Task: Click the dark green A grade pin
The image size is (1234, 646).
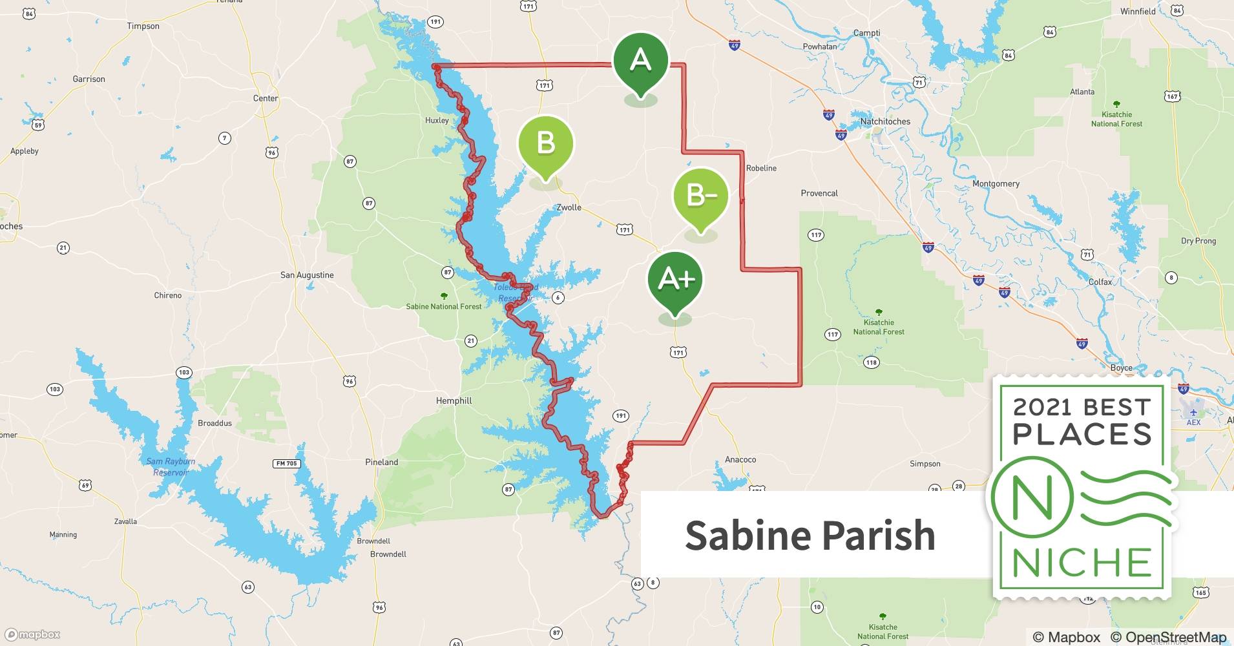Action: (640, 61)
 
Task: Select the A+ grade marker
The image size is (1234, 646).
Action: (675, 279)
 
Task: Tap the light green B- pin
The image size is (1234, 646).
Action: (701, 195)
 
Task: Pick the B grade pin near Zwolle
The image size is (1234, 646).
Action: (546, 143)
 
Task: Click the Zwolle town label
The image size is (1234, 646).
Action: (569, 207)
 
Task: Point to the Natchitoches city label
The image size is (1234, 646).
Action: (884, 121)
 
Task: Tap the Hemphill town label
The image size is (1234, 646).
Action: (454, 401)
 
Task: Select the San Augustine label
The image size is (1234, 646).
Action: (307, 275)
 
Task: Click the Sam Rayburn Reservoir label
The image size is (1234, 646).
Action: (171, 466)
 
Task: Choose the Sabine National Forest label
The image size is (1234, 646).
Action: (443, 306)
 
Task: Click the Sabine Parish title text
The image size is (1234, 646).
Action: (810, 536)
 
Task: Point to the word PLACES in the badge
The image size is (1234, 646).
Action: (1082, 434)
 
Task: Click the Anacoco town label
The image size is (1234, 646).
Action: (740, 459)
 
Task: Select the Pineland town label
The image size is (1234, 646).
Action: (381, 462)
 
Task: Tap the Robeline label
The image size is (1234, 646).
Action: (761, 168)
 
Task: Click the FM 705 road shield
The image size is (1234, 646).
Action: (286, 463)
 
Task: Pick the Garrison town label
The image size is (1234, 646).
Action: (89, 79)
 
